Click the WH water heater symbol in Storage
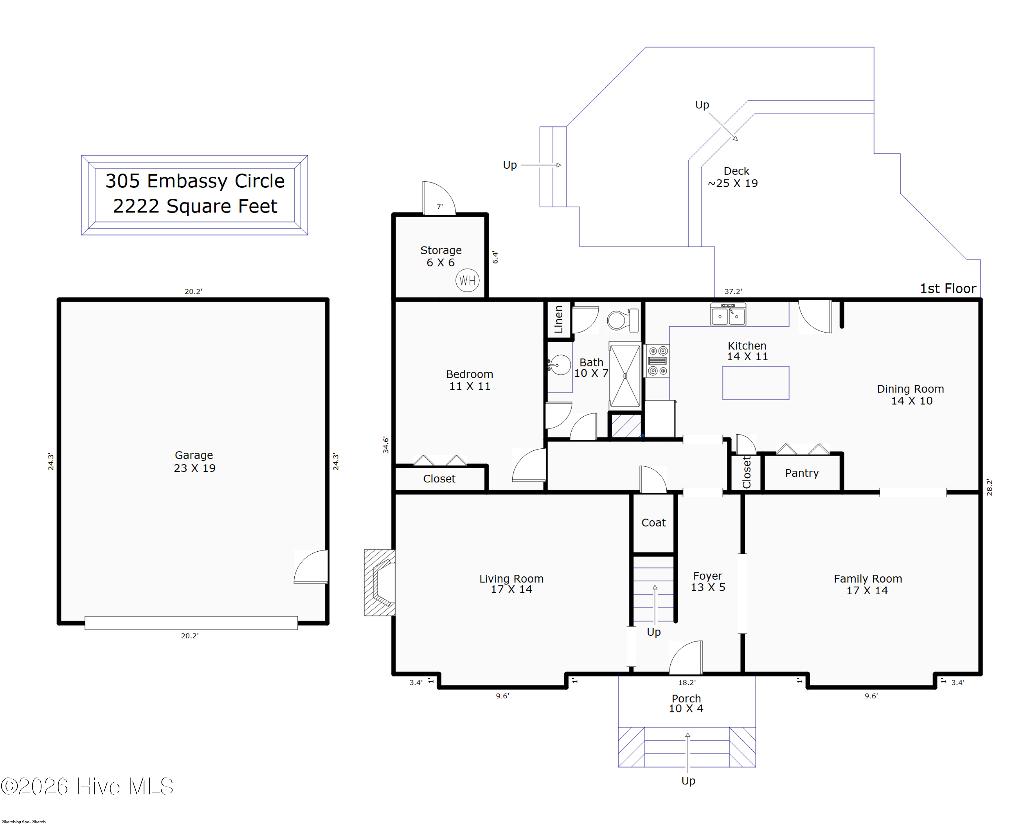467,280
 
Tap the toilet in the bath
623,320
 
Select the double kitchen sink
728,314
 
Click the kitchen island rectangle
755,383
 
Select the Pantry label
802,473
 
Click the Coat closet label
654,523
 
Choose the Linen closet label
559,319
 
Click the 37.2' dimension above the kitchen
733,291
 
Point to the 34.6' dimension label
386,445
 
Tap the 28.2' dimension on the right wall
989,487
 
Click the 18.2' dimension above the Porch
687,682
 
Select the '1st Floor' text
948,289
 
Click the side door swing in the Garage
311,567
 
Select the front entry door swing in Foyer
686,657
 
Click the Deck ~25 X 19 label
733,177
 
